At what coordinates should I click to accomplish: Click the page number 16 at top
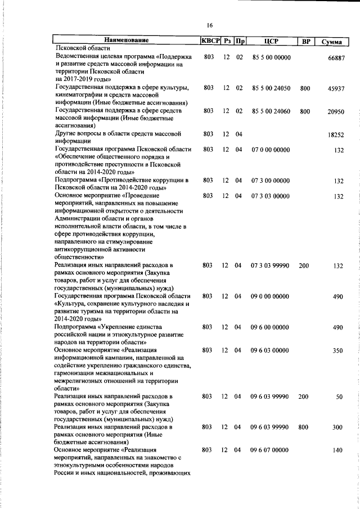[x=209, y=25]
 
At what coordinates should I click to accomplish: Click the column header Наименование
[x=126, y=40]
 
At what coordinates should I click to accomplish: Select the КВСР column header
[x=210, y=40]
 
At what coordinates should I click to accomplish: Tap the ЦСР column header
[x=271, y=40]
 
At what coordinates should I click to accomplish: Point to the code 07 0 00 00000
[x=271, y=150]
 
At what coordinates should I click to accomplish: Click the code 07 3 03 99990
[x=271, y=264]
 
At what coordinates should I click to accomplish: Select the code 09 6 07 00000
[x=271, y=450]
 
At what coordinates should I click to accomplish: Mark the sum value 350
[x=337, y=350]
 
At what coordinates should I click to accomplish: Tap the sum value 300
[x=337, y=428]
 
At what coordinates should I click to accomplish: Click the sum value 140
[x=337, y=451]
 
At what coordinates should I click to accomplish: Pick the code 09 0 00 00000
[x=271, y=295]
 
